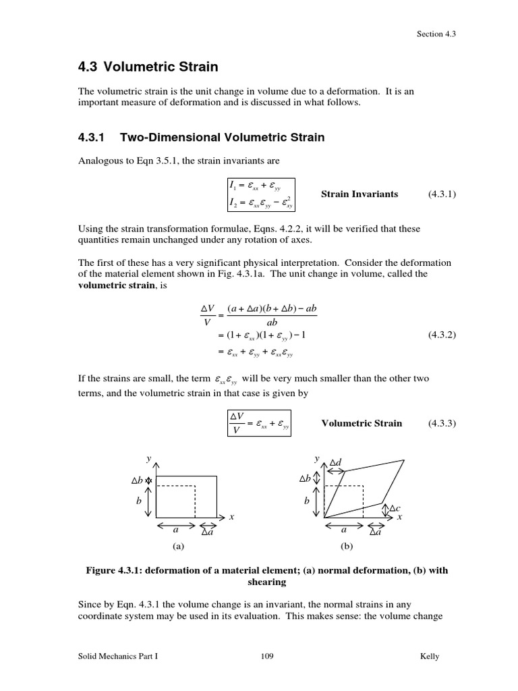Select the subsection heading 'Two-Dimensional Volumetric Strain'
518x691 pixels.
[x=222, y=138]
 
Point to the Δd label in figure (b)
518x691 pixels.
[x=336, y=462]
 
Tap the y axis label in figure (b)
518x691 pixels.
[x=316, y=458]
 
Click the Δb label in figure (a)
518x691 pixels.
[x=137, y=480]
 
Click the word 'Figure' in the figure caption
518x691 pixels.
[x=103, y=570]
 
